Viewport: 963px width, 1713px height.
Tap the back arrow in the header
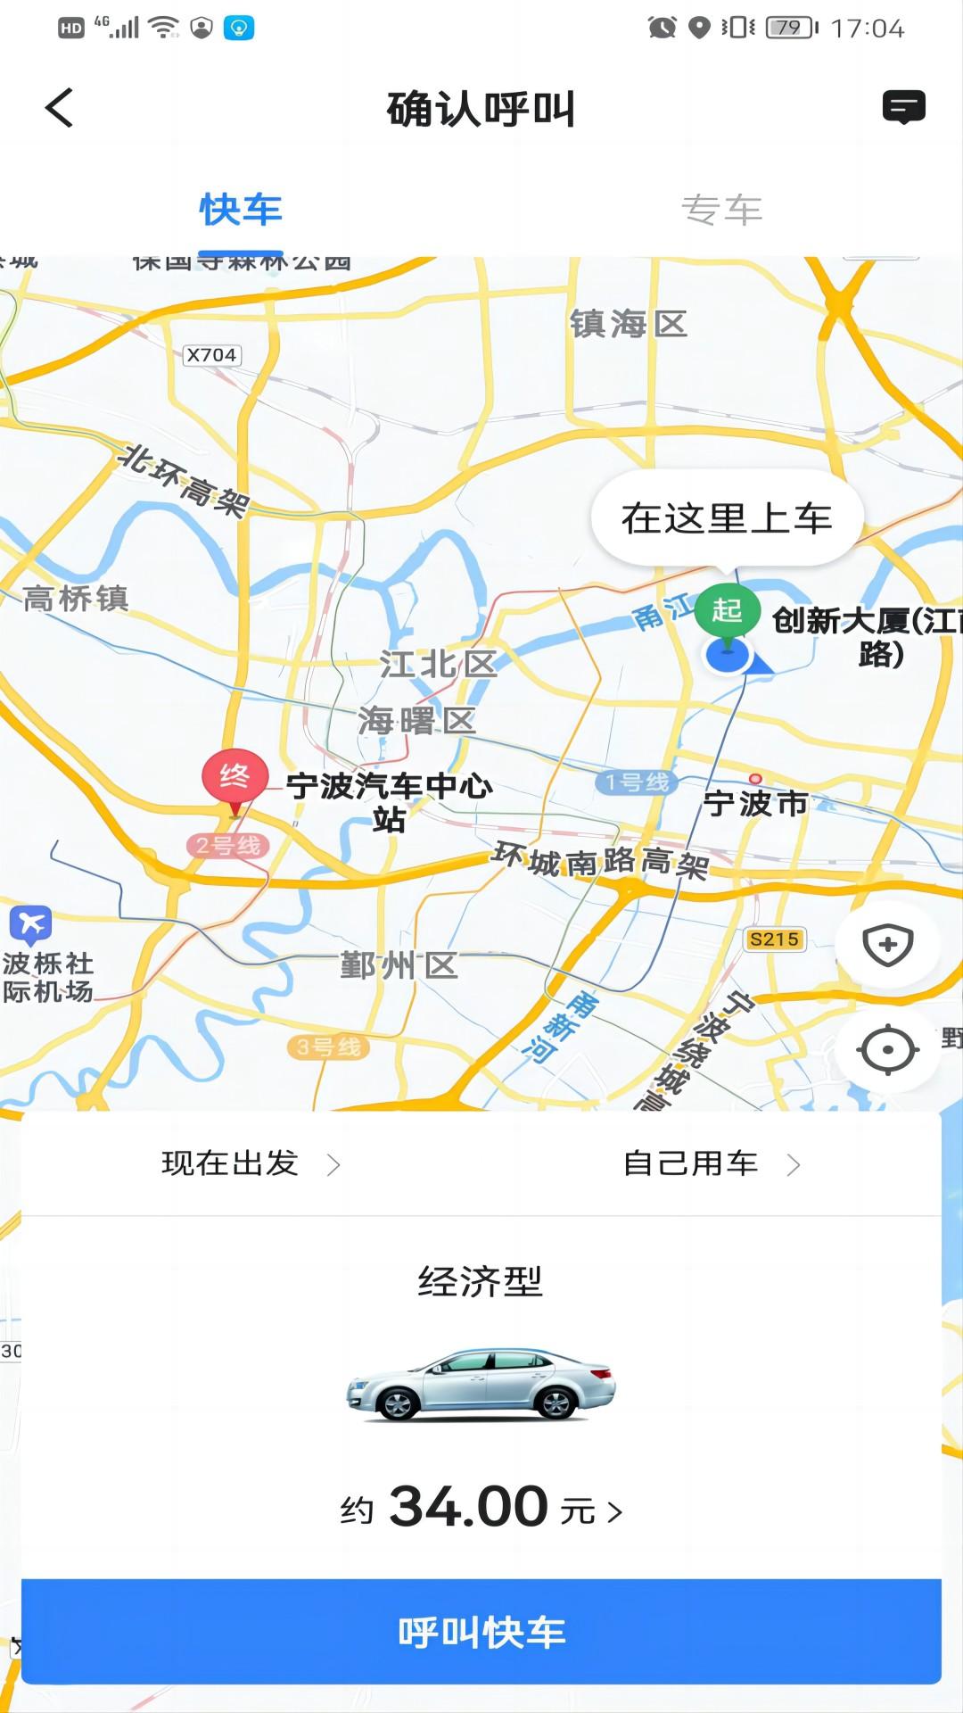[x=59, y=109]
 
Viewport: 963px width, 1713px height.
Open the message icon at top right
[x=903, y=107]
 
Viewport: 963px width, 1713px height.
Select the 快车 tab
[x=241, y=211]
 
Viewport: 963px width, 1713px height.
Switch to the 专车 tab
[x=721, y=211]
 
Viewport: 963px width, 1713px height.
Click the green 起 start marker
[x=727, y=610]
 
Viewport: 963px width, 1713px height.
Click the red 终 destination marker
[x=235, y=776]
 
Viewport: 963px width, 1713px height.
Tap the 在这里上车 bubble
[x=727, y=518]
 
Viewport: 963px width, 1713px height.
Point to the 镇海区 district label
[x=629, y=324]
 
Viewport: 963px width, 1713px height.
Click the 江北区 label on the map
[x=438, y=664]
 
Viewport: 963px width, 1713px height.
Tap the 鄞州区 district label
[x=399, y=965]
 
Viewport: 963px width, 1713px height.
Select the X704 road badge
[x=211, y=355]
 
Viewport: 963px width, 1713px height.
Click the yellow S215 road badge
[x=774, y=939]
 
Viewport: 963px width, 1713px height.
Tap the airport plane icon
[x=31, y=924]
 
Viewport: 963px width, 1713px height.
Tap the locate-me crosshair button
[x=887, y=1049]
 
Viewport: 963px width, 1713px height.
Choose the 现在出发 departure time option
[x=250, y=1163]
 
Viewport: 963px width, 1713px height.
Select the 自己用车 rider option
[x=711, y=1163]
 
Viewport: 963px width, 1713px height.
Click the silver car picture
[x=481, y=1384]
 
